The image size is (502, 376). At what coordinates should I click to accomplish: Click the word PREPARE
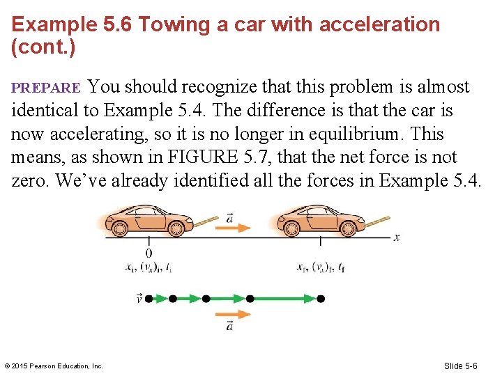46,88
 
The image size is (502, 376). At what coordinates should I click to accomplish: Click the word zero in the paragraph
31,181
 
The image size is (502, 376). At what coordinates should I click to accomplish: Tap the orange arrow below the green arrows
231,315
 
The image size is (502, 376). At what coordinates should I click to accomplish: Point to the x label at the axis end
397,237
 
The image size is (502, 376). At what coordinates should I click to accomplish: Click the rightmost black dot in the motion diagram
321,299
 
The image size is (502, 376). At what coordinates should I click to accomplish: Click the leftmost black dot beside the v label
149,299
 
